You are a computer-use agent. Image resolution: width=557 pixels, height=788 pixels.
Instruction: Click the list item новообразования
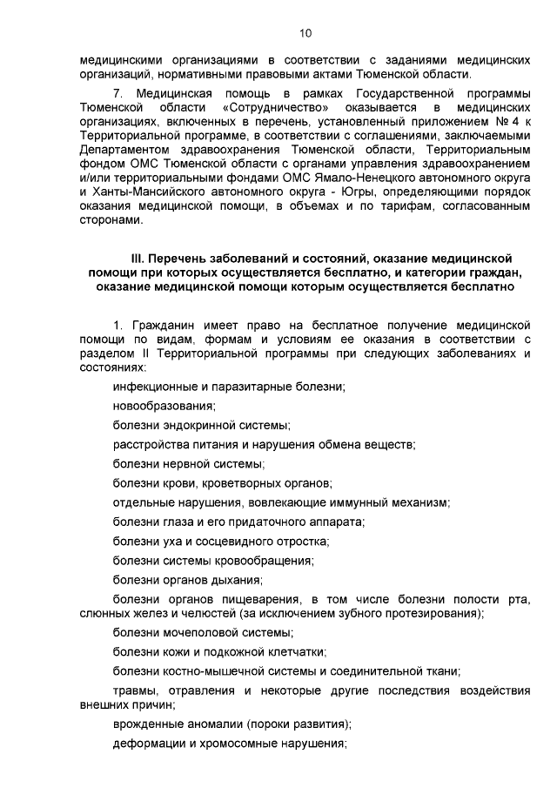coord(164,405)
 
